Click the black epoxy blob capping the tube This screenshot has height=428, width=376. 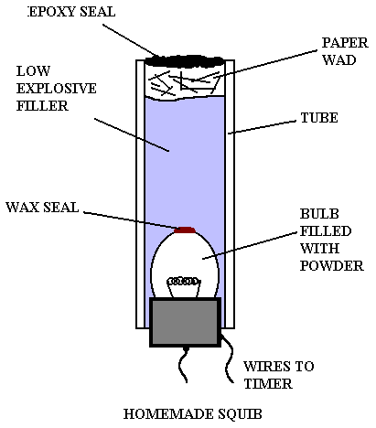(185, 61)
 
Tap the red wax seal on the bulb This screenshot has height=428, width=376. (185, 230)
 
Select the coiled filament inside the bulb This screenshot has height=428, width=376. (184, 282)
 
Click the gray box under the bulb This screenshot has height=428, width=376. (185, 322)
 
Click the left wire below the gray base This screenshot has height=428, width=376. (183, 365)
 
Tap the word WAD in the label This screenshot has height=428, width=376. (339, 60)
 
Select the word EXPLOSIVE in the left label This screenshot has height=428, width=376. (57, 89)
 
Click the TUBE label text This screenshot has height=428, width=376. (319, 118)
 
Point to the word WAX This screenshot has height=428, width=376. (23, 208)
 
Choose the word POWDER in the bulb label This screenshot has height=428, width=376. (332, 266)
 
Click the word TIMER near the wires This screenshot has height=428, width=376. (268, 384)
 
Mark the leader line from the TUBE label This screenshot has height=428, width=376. (262, 127)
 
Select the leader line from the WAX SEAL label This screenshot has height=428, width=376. (132, 220)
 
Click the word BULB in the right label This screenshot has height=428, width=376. (319, 214)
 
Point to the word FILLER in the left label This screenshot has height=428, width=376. (42, 106)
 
